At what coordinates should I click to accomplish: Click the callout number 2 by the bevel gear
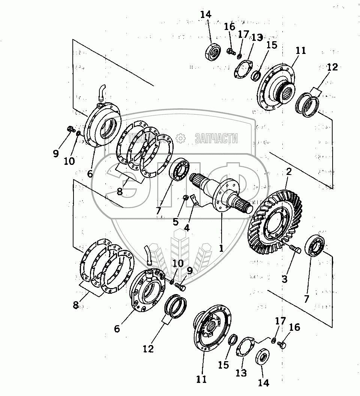[288, 172]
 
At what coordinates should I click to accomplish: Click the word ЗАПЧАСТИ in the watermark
[216, 139]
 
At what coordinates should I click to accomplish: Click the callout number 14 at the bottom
[262, 383]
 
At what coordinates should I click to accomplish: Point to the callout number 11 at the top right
[301, 51]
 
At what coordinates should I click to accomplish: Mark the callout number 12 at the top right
[332, 67]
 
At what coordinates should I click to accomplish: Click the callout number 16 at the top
[229, 27]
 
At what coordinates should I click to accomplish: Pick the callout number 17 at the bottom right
[280, 321]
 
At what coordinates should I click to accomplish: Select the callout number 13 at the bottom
[241, 373]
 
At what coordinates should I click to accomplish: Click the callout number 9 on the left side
[56, 154]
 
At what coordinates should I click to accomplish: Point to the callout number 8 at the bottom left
[76, 305]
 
